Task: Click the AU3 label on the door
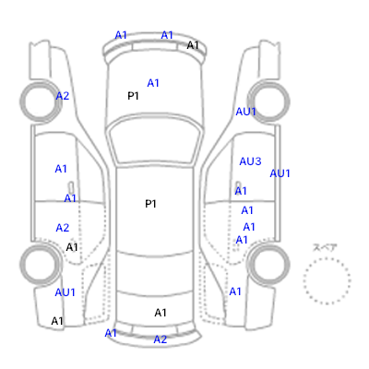tap(250, 161)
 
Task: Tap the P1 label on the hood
tap(133, 96)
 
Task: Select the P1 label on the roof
tap(150, 204)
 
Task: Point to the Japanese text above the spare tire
tap(325, 247)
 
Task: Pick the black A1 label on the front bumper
tap(193, 45)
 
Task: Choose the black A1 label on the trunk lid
tap(161, 313)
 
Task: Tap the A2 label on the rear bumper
tap(161, 339)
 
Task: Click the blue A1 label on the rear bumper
tap(111, 333)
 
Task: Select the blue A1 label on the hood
tap(153, 83)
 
